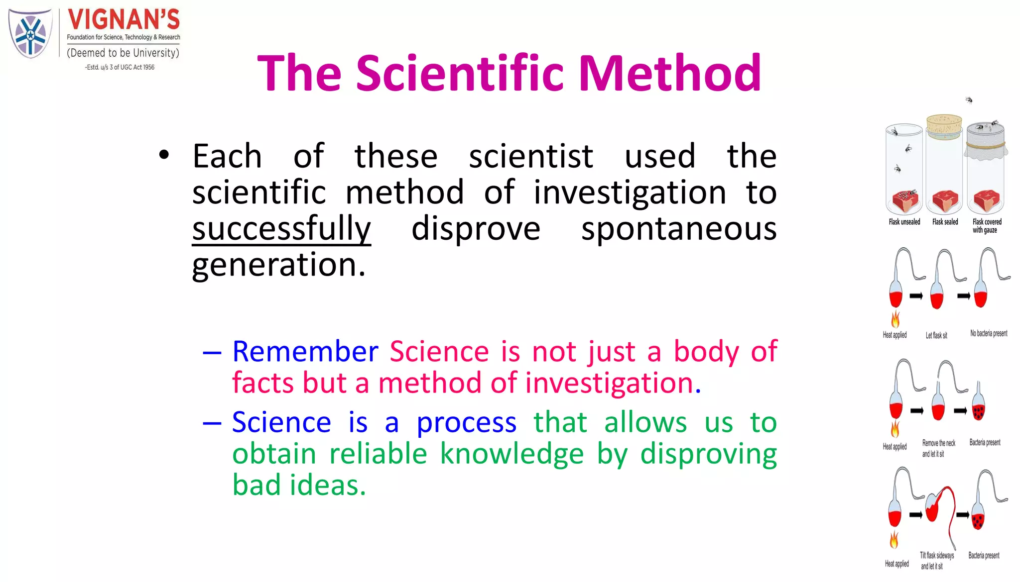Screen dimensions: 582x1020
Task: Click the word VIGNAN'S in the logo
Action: pos(124,20)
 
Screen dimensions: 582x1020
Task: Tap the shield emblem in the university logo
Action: pos(30,34)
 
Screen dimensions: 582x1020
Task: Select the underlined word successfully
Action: pos(281,228)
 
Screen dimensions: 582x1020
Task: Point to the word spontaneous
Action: pos(679,228)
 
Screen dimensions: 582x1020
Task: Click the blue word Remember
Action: pos(305,351)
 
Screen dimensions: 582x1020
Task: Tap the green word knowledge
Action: pos(511,454)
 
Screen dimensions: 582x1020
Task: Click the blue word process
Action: pos(466,422)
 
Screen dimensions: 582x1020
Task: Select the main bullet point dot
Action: pos(164,155)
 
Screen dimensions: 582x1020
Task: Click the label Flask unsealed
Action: pos(904,222)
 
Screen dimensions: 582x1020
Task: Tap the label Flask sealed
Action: pos(945,222)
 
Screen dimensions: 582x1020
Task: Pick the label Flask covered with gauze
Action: pos(987,226)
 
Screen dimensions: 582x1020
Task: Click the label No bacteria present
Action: pos(989,333)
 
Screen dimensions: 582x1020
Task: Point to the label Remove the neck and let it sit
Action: pos(938,448)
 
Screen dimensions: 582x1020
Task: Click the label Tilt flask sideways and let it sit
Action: pos(936,561)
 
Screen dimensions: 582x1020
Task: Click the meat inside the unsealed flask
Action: pos(905,201)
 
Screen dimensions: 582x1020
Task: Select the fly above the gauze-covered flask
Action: pos(969,100)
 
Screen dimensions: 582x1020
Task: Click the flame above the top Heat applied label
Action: pos(895,319)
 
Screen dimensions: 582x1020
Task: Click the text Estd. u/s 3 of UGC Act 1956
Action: pos(120,67)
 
